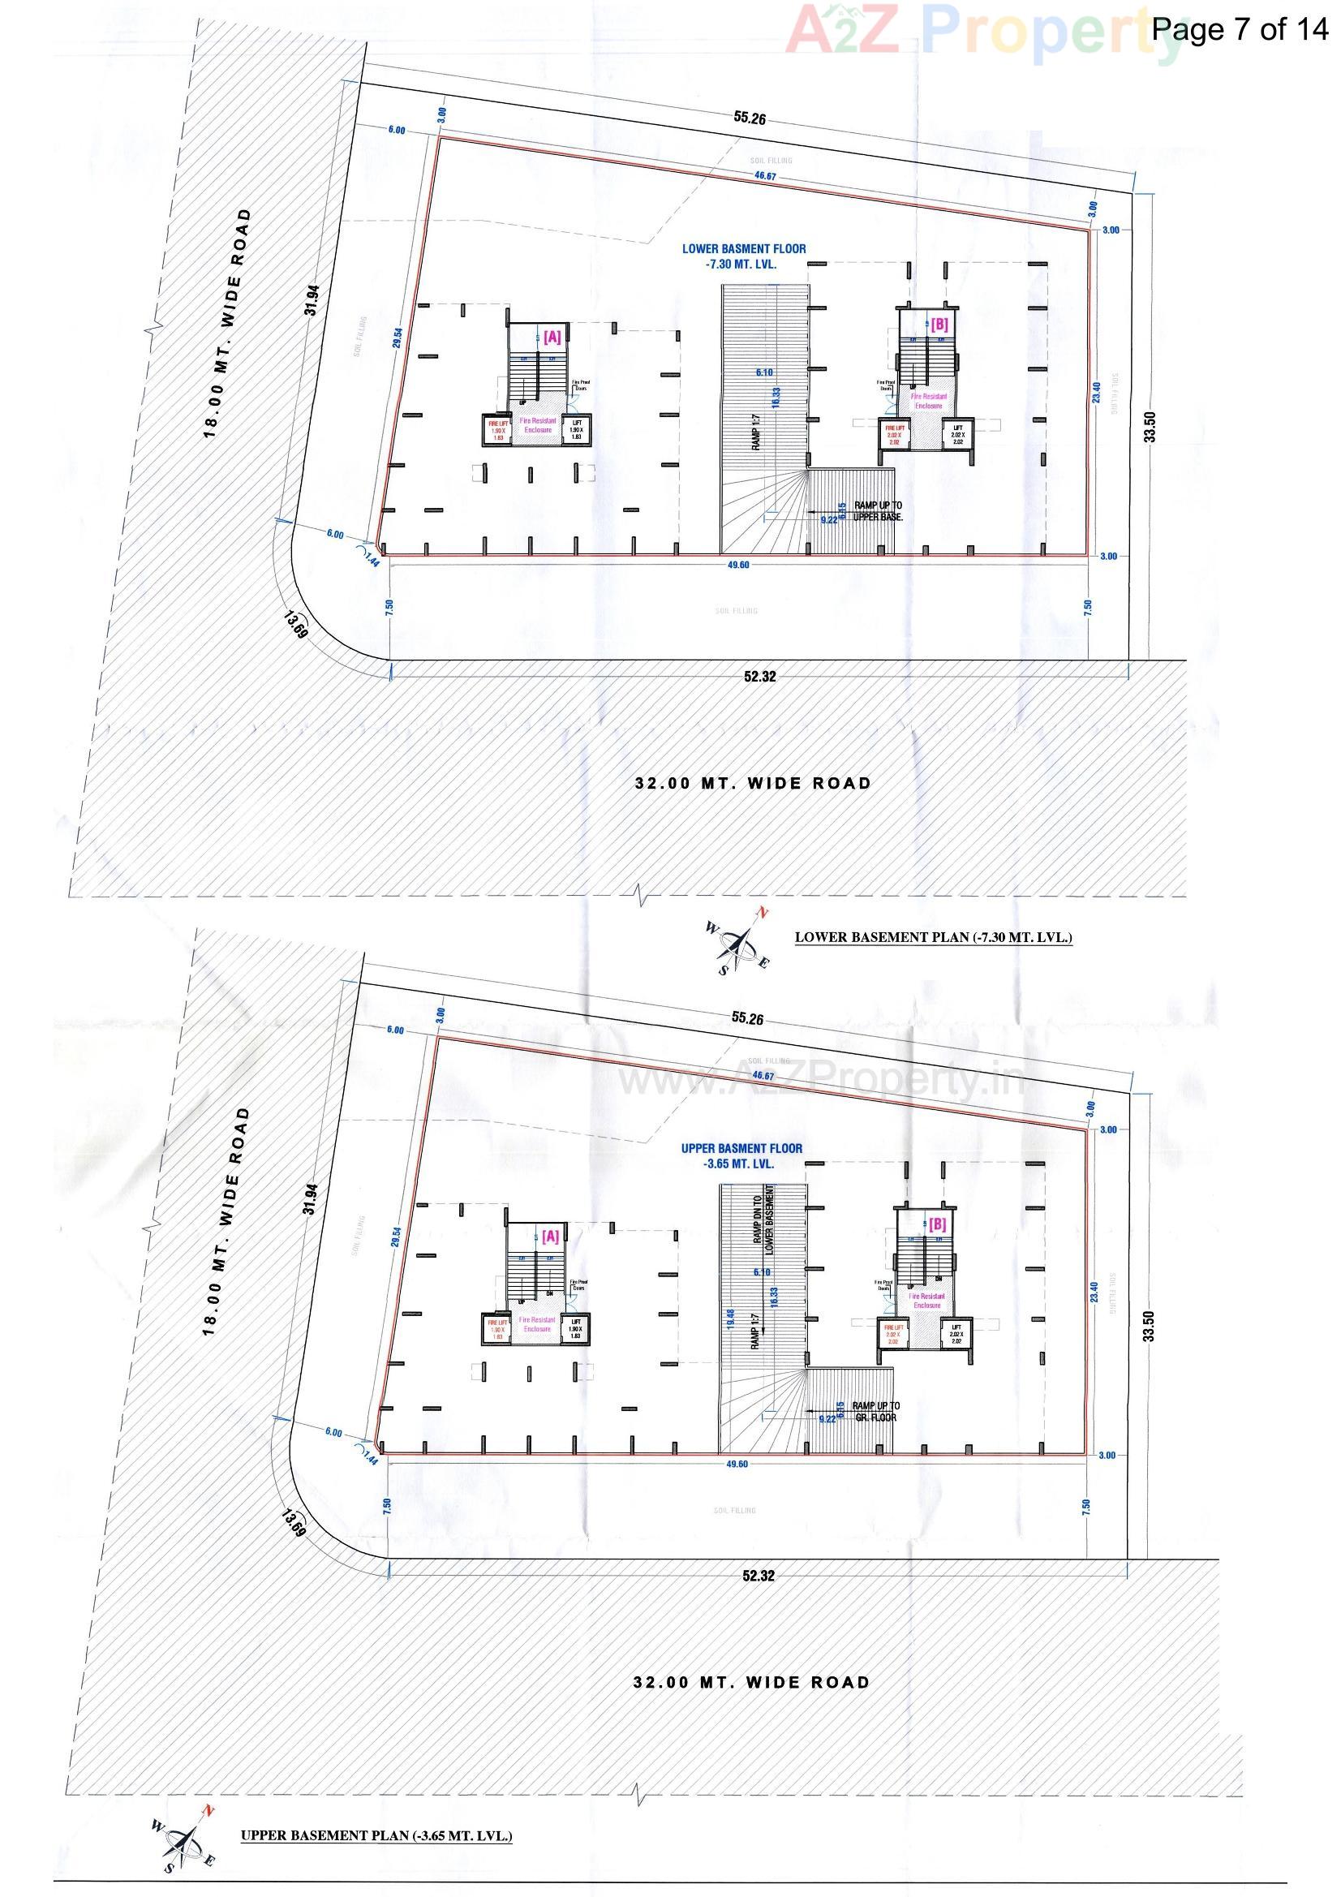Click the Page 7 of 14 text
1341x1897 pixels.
coord(1240,29)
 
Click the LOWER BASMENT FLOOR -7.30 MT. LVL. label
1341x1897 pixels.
coord(743,256)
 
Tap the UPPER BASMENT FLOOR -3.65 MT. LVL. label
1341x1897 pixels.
coord(741,1156)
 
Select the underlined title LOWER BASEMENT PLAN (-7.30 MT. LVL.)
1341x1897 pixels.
coord(933,937)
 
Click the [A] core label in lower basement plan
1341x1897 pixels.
coord(552,336)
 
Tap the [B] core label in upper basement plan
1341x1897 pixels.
coord(937,1224)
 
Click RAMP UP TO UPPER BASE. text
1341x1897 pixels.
coord(878,510)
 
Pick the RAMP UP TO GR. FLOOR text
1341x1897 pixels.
coord(876,1411)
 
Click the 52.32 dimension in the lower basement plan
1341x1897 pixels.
coord(759,677)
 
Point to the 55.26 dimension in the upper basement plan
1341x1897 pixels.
coord(747,1018)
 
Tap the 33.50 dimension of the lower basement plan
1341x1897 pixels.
coord(1149,427)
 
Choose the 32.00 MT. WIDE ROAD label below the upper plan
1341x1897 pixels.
coord(752,1682)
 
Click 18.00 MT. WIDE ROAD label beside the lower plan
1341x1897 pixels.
coord(226,322)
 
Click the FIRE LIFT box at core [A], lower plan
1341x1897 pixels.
coord(497,430)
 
